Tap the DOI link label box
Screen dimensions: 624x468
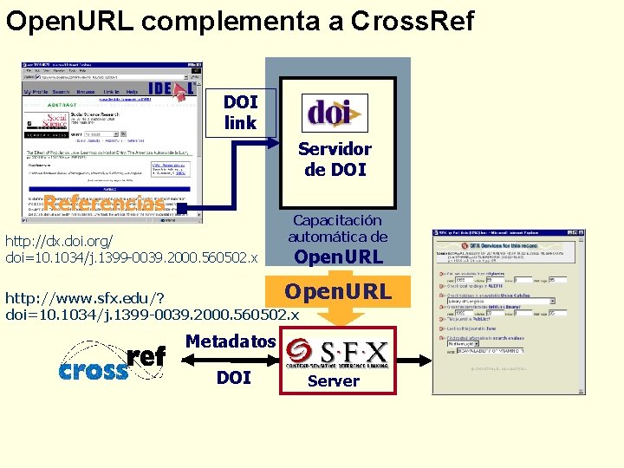click(240, 113)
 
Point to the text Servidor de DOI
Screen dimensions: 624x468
click(335, 159)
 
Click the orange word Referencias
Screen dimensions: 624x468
click(104, 205)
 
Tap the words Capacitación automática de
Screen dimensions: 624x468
click(337, 229)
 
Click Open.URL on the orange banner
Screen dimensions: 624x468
click(338, 292)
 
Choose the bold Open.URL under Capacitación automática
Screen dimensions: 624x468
click(338, 257)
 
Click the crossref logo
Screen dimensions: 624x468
click(112, 363)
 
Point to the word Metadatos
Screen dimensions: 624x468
click(231, 341)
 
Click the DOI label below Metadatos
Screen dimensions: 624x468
click(234, 377)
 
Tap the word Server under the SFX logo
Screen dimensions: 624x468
click(334, 380)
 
